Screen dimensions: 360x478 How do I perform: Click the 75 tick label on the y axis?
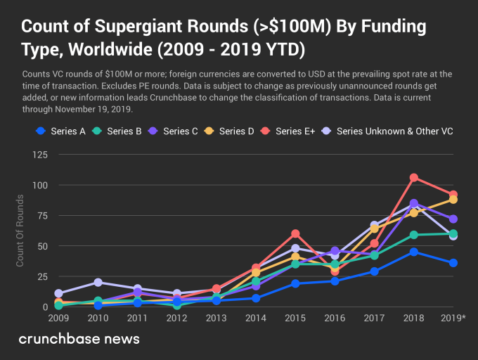click(40, 215)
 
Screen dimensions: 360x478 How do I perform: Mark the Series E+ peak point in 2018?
click(414, 177)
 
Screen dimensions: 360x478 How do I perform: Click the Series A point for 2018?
click(414, 252)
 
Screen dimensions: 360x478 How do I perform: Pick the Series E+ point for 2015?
click(295, 233)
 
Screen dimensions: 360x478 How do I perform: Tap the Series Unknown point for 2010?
click(98, 283)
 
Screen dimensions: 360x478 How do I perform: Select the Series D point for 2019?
click(453, 200)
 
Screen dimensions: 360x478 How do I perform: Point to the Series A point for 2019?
click(453, 263)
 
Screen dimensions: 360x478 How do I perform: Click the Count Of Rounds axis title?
click(20, 238)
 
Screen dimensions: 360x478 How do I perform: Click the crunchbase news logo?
click(79, 339)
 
